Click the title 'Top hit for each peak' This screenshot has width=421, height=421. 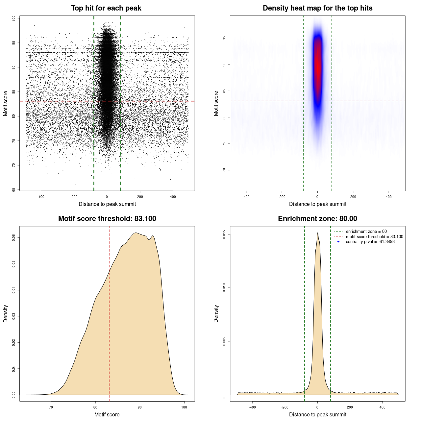106,8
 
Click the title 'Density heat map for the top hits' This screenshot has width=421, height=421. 317,8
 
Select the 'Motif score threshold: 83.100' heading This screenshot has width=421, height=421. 107,219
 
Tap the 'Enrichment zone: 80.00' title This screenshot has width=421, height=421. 317,219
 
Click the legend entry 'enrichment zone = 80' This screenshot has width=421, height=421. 366,232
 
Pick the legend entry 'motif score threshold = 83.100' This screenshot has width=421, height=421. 374,236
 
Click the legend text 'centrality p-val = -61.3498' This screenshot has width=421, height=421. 370,242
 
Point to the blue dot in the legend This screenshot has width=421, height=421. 338,242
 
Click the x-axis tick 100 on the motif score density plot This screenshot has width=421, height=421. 184,407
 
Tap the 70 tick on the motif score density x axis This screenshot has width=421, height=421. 51,407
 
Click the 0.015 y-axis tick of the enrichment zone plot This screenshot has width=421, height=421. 224,235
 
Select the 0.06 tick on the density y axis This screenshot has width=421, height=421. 13,237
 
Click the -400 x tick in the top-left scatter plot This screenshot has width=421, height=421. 41,197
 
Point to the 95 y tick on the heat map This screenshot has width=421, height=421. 224,38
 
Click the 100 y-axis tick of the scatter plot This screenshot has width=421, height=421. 13,18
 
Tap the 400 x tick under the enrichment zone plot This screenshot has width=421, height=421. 382,407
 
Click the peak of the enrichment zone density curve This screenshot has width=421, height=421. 317,233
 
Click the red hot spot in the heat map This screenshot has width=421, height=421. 317,66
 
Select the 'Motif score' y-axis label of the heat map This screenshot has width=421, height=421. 216,103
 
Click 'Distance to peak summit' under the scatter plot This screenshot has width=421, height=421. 107,204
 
